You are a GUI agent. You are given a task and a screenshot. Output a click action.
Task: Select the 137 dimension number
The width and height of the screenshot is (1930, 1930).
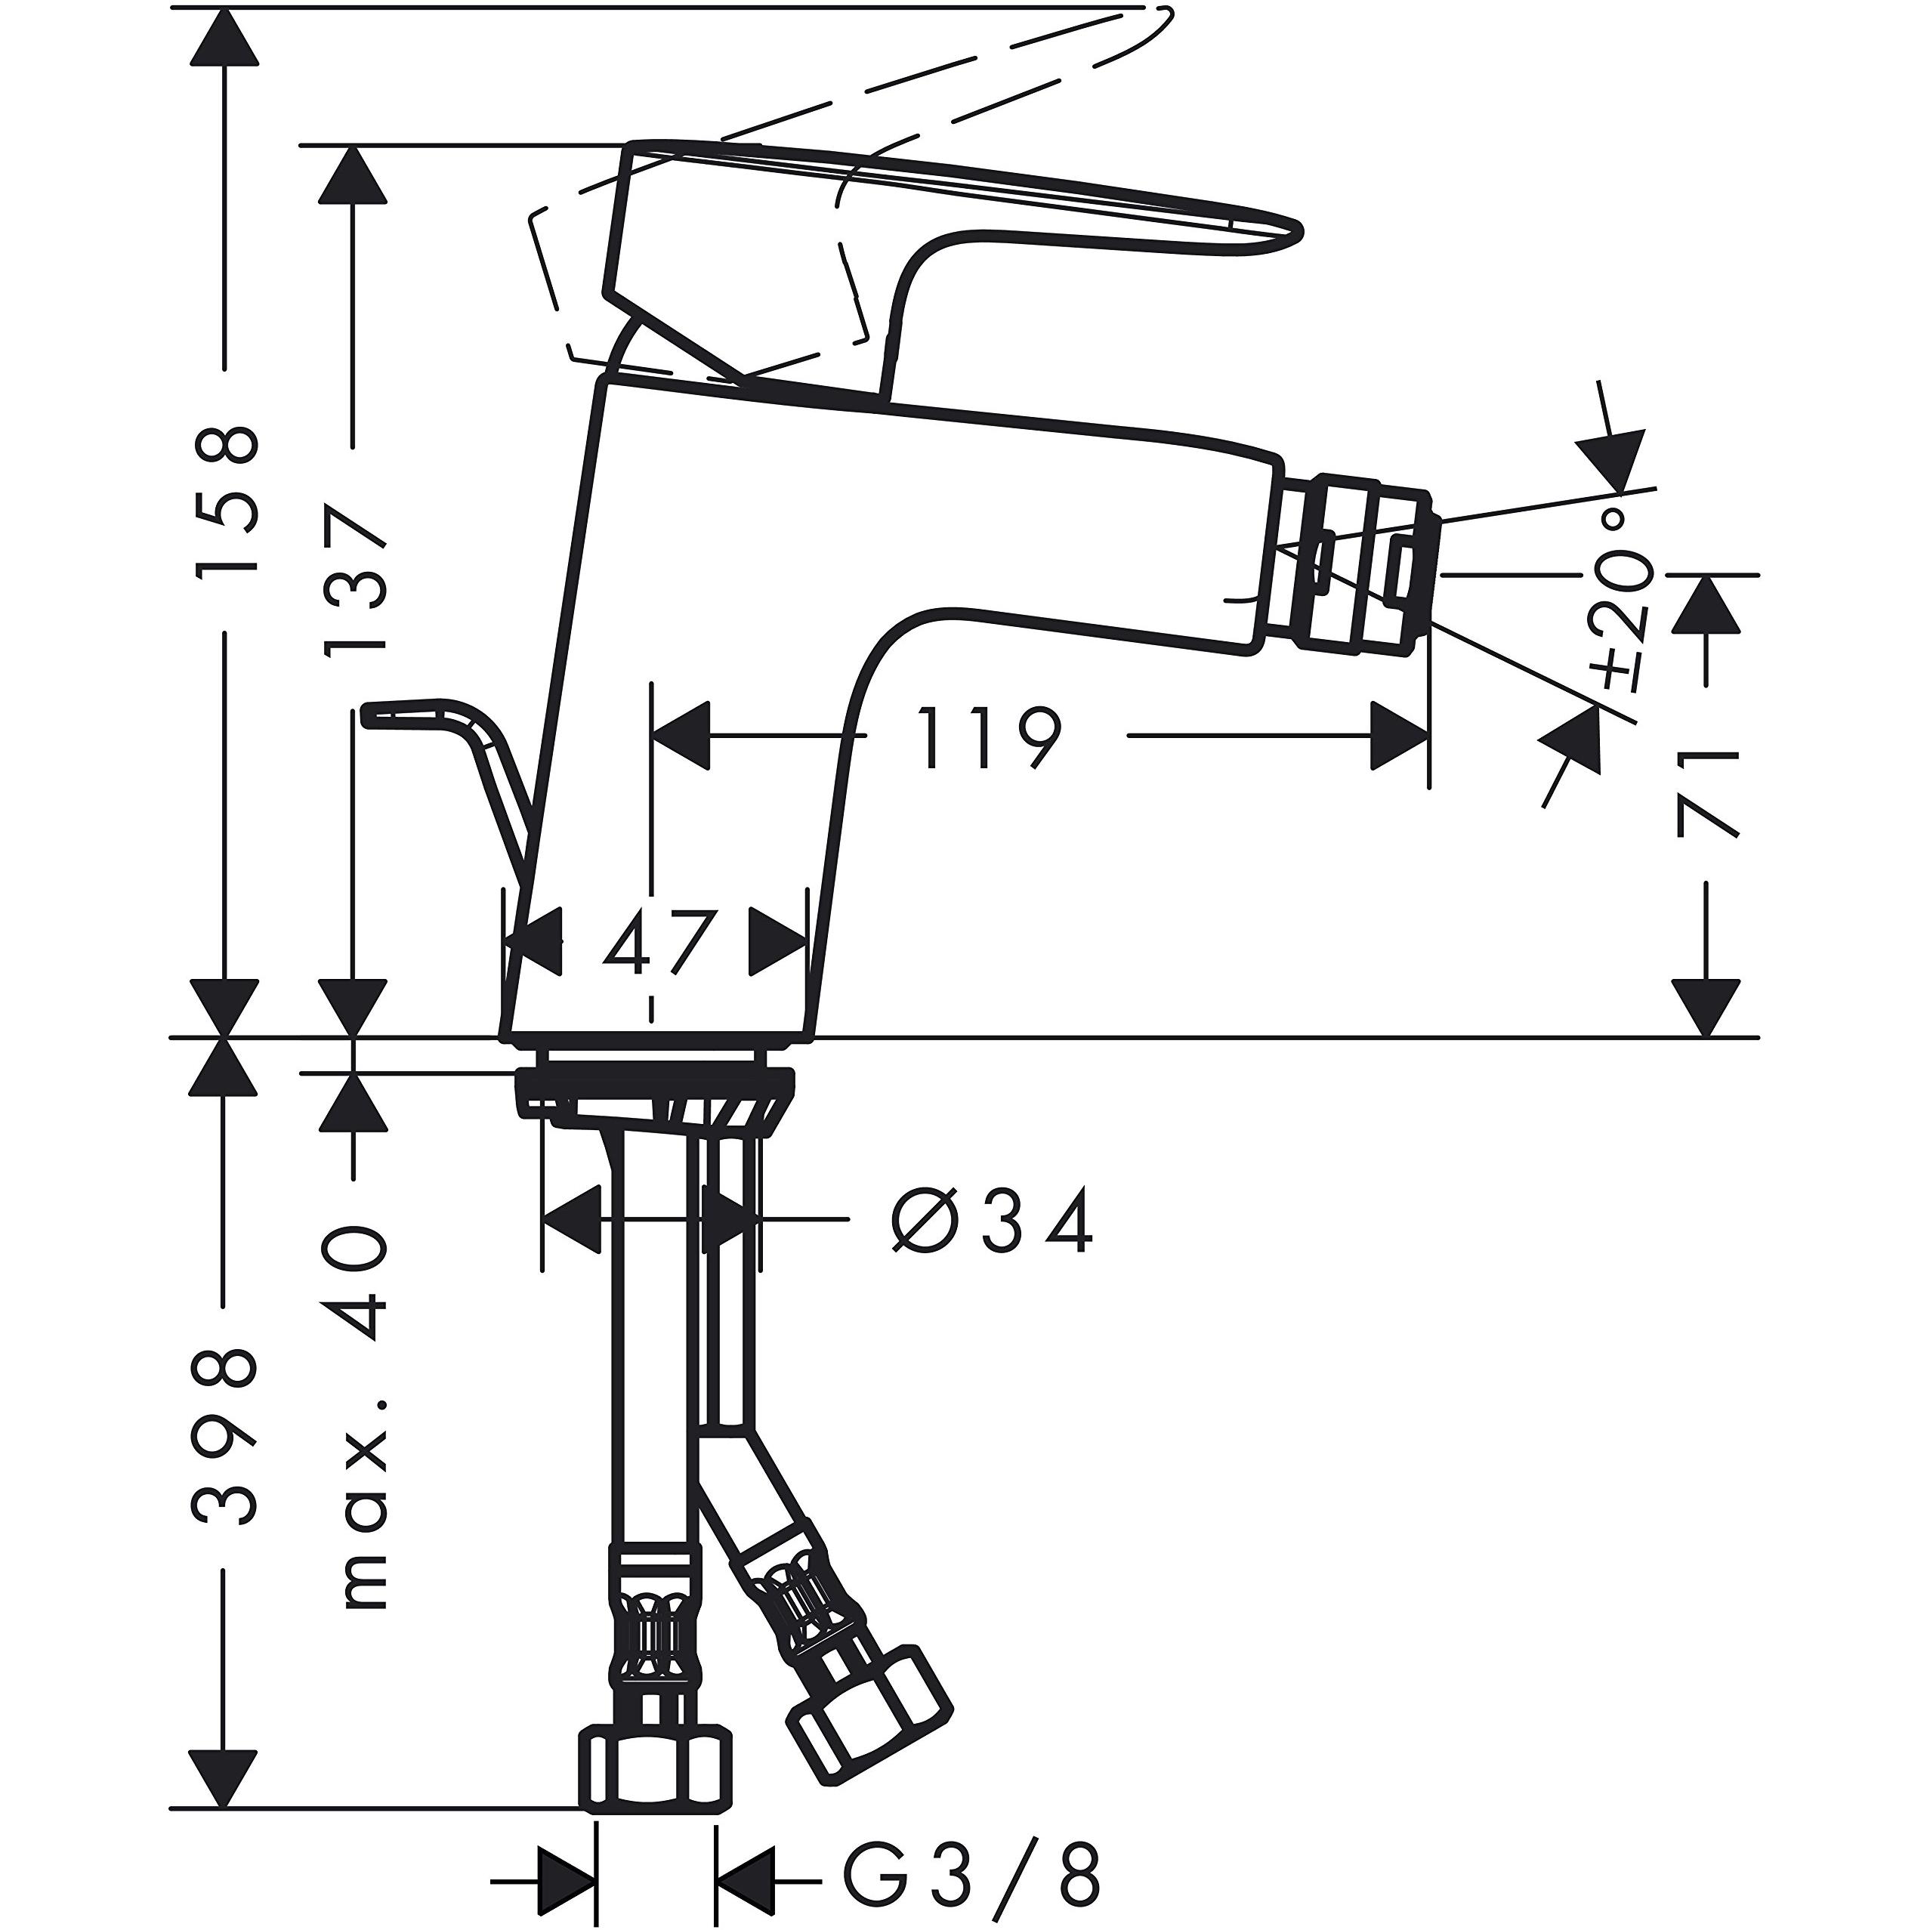(354, 580)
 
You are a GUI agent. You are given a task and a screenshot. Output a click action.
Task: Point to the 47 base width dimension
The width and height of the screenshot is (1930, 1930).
(657, 943)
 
